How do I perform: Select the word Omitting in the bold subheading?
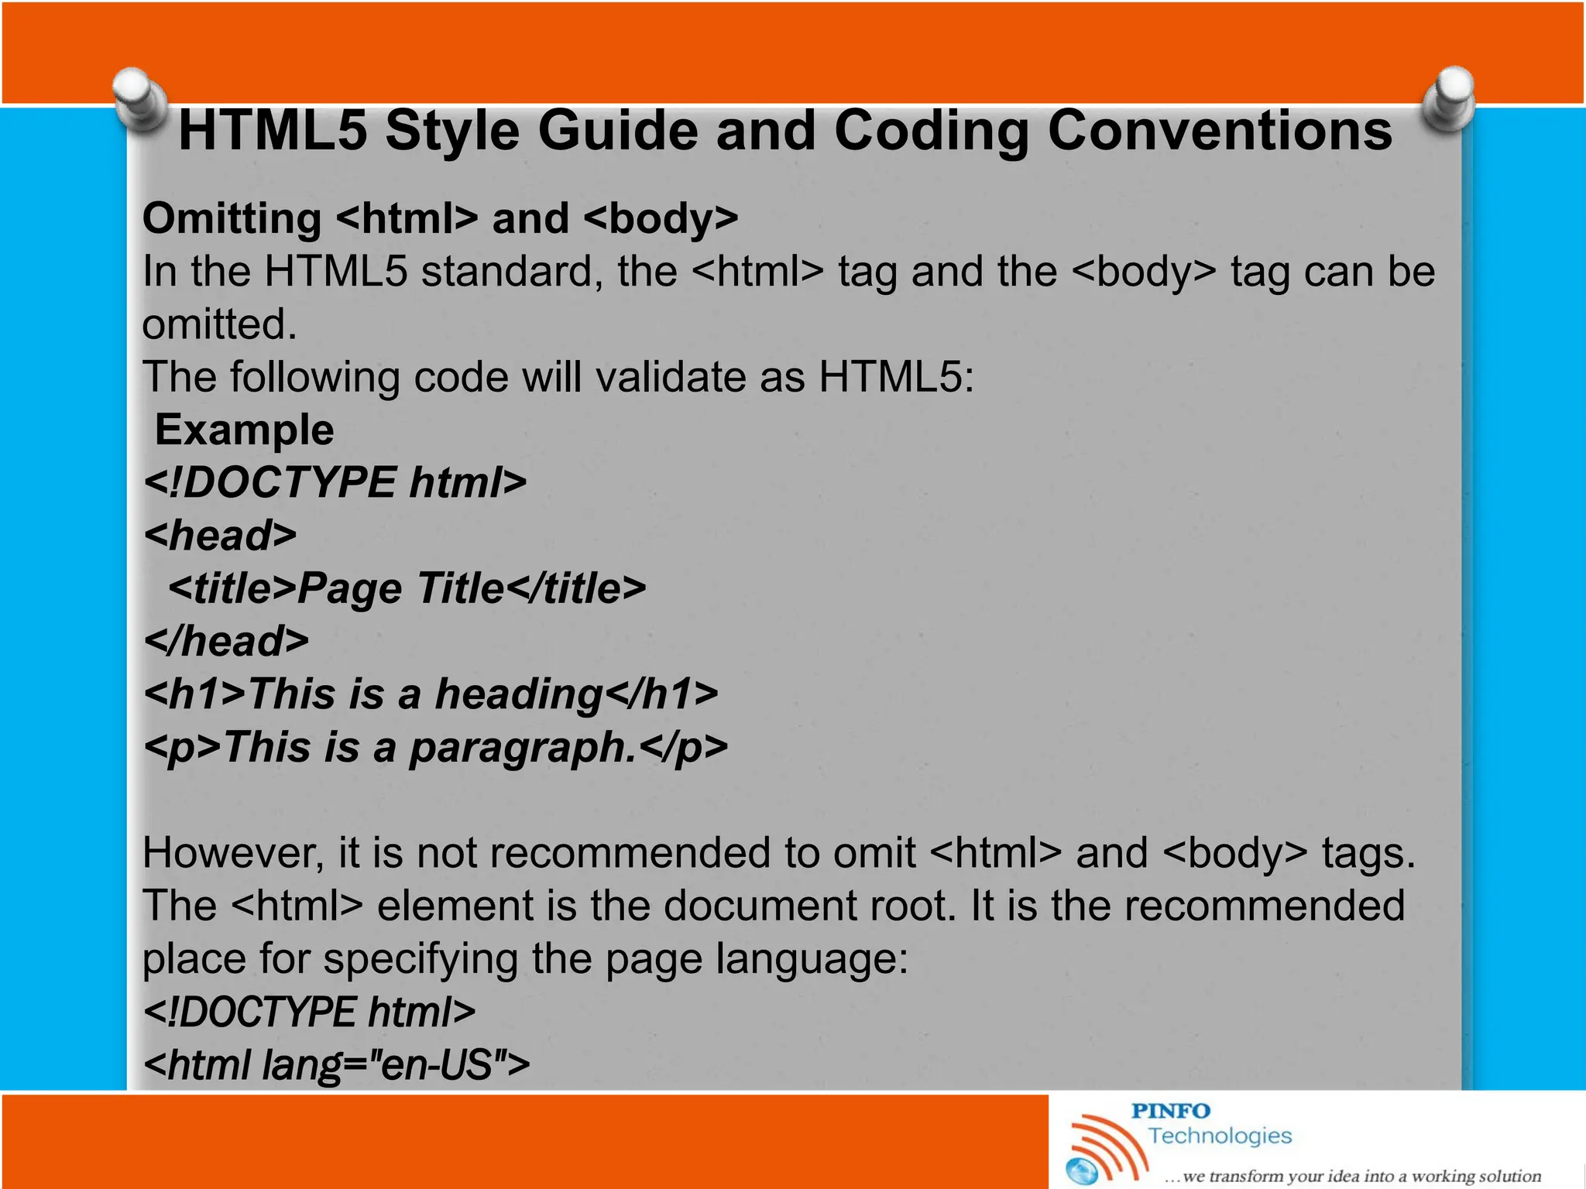pos(232,218)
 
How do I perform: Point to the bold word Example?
pos(245,430)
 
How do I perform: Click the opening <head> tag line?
pos(221,536)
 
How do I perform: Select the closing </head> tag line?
pos(227,642)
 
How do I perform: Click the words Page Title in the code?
pos(401,588)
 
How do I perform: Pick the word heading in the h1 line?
pos(518,694)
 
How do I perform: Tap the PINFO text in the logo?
pos(1170,1112)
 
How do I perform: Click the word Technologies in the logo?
pos(1220,1136)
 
